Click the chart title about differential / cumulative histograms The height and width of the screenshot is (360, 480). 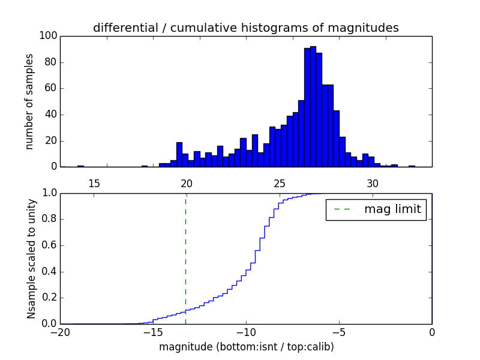pyautogui.click(x=245, y=28)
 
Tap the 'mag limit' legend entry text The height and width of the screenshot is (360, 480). pyautogui.click(x=392, y=209)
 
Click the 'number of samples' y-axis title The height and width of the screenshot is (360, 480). pyautogui.click(x=29, y=101)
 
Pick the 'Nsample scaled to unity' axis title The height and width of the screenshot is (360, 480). pyautogui.click(x=31, y=259)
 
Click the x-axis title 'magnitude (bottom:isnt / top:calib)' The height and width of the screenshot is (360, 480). pyautogui.click(x=246, y=347)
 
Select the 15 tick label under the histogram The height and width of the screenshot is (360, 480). pyautogui.click(x=94, y=182)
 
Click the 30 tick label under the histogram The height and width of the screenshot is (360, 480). pyautogui.click(x=373, y=182)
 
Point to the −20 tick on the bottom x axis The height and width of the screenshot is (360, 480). pyautogui.click(x=60, y=332)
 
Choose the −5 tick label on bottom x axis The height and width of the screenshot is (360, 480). pyautogui.click(x=338, y=332)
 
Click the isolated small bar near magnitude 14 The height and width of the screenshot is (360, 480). pyautogui.click(x=80, y=166)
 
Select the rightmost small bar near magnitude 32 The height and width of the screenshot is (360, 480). pyautogui.click(x=412, y=166)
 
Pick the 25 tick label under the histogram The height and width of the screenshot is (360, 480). pyautogui.click(x=280, y=182)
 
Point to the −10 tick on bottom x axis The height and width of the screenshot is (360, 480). pyautogui.click(x=245, y=332)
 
